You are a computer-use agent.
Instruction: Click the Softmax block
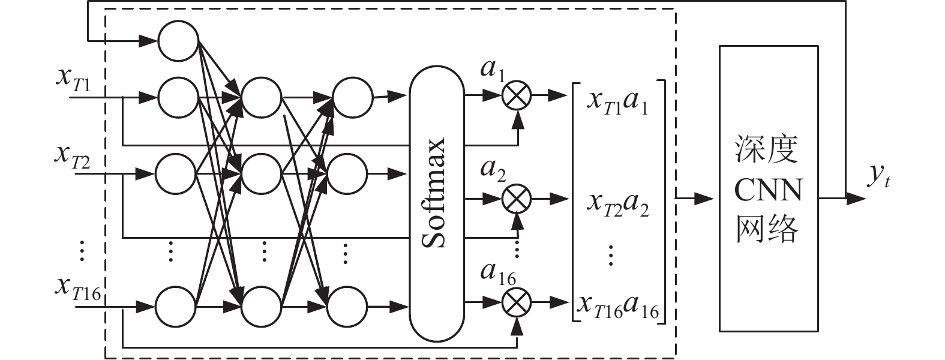(436, 202)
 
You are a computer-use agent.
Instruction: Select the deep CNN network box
(768, 188)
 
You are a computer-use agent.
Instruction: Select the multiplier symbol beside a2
(516, 198)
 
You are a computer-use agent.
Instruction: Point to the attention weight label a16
(497, 274)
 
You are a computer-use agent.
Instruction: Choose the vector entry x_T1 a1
(617, 102)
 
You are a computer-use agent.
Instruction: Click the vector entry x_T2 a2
(617, 204)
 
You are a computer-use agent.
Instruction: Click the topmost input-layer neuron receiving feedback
(178, 41)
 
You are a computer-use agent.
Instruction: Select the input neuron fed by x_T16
(175, 306)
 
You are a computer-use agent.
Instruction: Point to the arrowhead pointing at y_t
(856, 198)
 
